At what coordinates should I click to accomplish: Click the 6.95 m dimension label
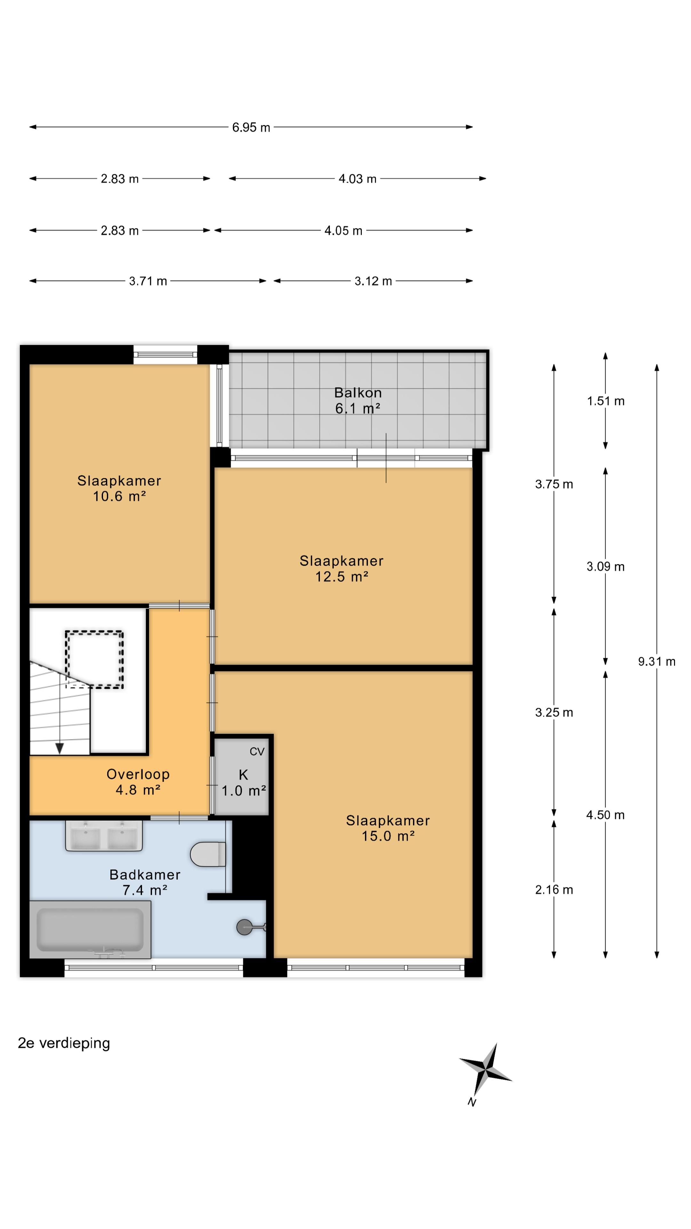(x=251, y=127)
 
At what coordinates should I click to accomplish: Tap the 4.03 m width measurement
(x=357, y=179)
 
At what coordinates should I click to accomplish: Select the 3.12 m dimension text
(x=373, y=281)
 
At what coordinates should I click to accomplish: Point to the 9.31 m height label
(x=657, y=661)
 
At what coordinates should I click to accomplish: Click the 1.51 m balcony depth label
(x=606, y=401)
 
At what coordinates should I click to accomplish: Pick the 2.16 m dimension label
(x=554, y=890)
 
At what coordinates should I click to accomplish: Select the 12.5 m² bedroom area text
(x=341, y=576)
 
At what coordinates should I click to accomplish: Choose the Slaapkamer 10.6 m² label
(x=119, y=488)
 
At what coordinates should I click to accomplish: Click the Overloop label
(x=138, y=774)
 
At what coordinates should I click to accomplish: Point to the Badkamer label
(x=145, y=874)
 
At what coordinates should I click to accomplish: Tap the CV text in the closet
(x=257, y=752)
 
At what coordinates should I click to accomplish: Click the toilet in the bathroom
(x=208, y=854)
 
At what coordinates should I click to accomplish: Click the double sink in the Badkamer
(x=104, y=835)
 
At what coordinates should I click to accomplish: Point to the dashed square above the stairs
(x=94, y=659)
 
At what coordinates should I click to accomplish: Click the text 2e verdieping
(x=64, y=1043)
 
